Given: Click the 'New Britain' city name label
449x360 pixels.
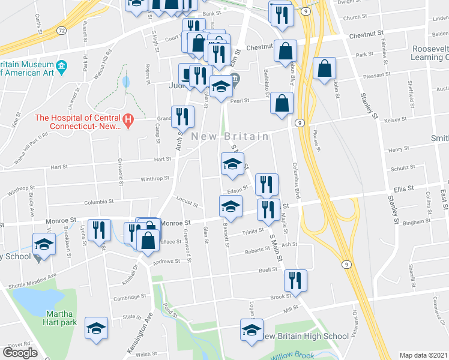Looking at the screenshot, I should click(x=230, y=137).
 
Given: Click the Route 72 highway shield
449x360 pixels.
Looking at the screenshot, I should click(x=61, y=29).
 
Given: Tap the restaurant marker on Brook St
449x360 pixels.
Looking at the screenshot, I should click(x=295, y=281).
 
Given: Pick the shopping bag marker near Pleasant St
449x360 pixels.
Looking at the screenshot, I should click(x=324, y=70).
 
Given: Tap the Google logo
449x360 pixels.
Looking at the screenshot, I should click(x=20, y=353).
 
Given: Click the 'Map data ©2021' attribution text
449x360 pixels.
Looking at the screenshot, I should click(x=424, y=355).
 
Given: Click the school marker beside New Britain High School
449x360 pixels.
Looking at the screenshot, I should click(x=252, y=329).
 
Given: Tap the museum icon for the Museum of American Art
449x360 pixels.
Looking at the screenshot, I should click(x=61, y=65).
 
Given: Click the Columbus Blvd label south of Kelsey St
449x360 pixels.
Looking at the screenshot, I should click(x=296, y=180).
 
